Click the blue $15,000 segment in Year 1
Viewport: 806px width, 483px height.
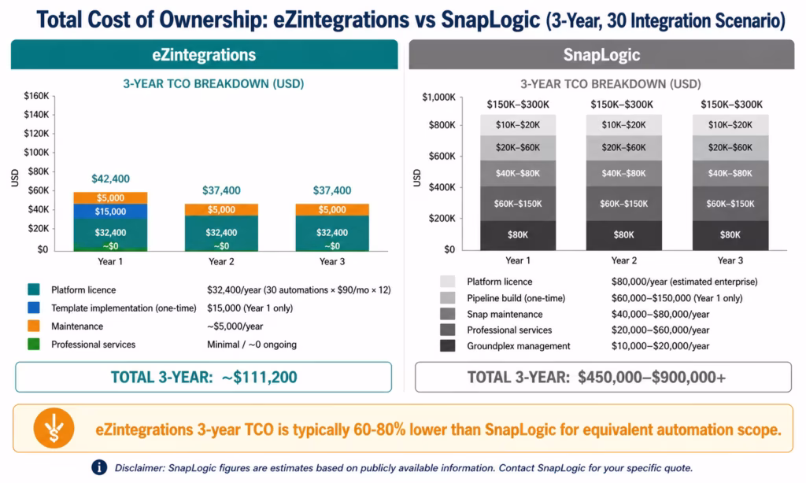point(111,212)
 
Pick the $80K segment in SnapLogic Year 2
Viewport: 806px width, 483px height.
point(623,234)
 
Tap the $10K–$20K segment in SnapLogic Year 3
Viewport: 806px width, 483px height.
point(730,125)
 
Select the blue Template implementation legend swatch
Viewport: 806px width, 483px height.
point(32,308)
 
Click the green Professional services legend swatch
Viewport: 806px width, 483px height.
point(32,344)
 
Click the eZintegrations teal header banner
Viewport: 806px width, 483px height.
point(204,55)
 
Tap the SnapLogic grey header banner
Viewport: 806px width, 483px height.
point(601,55)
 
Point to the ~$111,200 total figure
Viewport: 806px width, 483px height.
point(258,377)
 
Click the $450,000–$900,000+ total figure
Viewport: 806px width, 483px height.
point(652,377)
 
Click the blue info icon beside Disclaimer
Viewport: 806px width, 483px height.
point(99,467)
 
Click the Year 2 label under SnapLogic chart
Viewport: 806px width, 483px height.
point(623,260)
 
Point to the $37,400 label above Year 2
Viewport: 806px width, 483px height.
point(221,190)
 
